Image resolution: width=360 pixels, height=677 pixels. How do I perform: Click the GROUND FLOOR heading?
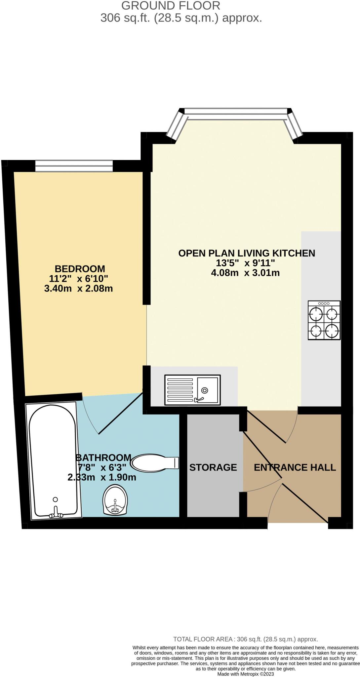[x=171, y=6]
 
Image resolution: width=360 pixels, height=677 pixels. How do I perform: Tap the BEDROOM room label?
[x=80, y=268]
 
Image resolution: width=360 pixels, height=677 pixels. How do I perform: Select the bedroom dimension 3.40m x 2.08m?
[x=78, y=288]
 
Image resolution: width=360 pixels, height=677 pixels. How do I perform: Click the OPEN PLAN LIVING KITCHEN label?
[x=246, y=253]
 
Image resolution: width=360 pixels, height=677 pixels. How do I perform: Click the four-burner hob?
[x=324, y=320]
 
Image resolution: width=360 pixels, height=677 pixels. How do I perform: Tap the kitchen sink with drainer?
[x=192, y=390]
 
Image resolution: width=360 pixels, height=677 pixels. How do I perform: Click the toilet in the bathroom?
[x=154, y=462]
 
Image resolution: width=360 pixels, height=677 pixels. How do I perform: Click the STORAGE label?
[x=213, y=467]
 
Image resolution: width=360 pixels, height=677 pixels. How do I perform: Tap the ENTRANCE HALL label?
[x=295, y=467]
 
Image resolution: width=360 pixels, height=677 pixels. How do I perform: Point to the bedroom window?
[x=74, y=166]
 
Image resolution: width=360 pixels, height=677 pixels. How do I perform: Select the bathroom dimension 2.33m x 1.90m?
[x=102, y=477]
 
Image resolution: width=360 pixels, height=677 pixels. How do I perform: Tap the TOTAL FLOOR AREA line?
[x=245, y=639]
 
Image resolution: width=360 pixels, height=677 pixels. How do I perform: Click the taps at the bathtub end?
[x=56, y=515]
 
